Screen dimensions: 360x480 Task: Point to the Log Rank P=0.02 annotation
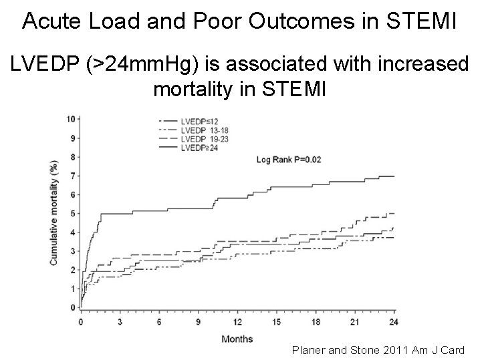289,160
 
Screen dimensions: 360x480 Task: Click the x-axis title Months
237,339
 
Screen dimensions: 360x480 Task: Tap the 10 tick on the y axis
72,120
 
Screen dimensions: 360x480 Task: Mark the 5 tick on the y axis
73,214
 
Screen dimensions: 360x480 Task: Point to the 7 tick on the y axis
73,176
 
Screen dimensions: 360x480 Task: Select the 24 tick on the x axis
394,321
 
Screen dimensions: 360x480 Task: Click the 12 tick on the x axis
237,321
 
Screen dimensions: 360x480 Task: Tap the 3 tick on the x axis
120,321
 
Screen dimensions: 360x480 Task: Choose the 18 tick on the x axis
316,321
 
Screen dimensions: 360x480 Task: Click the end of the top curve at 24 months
394,176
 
